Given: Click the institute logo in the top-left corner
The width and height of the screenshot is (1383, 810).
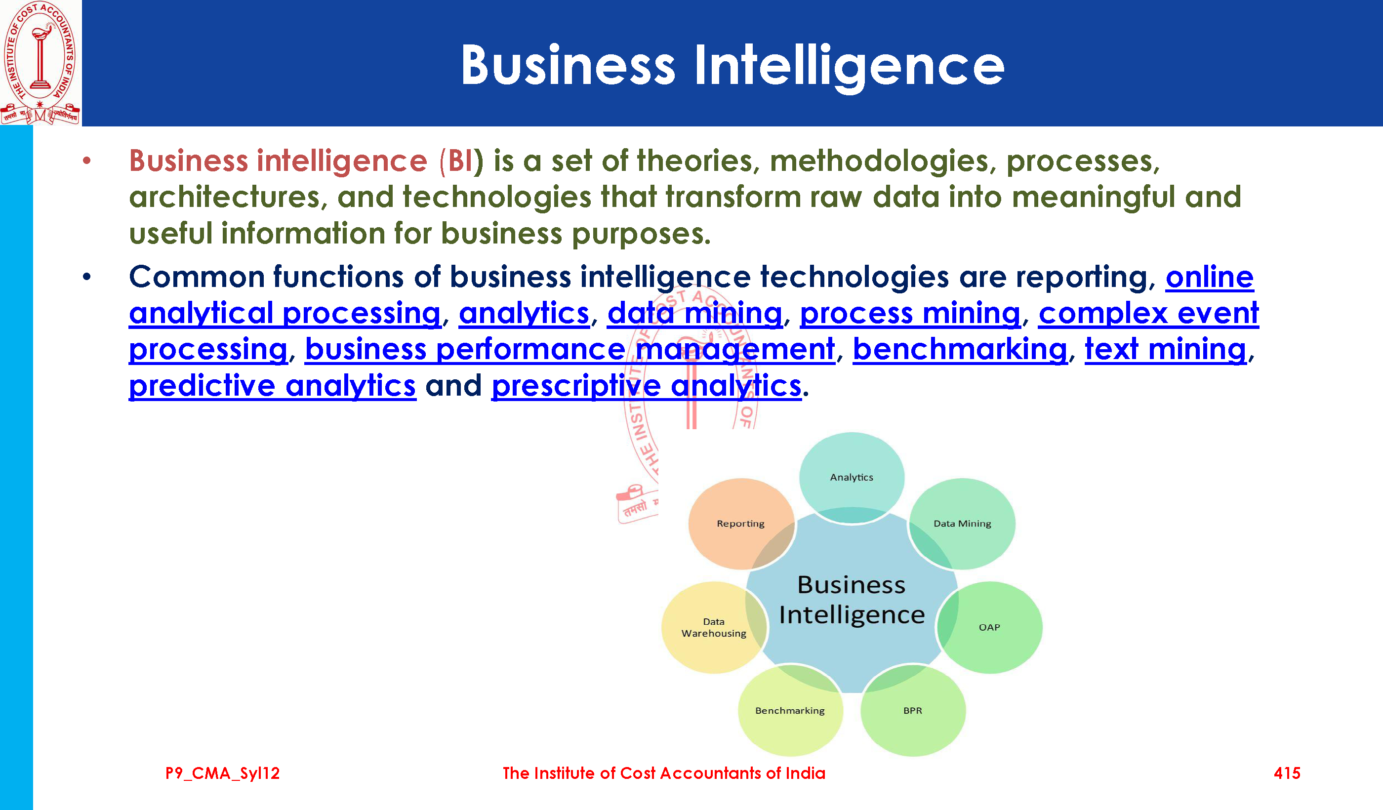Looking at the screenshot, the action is [x=40, y=63].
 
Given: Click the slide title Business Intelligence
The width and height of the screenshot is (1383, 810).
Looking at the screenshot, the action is [x=732, y=66].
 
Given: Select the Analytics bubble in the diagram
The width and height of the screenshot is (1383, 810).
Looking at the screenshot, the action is [x=851, y=478].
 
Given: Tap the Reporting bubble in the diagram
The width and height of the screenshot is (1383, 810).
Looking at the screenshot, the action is [x=740, y=524].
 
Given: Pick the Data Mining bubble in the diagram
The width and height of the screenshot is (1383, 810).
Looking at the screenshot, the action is [x=962, y=524].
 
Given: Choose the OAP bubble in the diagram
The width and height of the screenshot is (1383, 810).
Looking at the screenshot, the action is [x=989, y=627].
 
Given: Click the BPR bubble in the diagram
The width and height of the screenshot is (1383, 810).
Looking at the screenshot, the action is [x=913, y=711].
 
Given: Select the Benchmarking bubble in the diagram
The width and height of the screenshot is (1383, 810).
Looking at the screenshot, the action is [x=790, y=711].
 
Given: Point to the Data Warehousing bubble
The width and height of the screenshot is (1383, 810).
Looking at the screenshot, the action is [x=714, y=627].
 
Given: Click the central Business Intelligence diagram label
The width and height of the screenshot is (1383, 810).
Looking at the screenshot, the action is [x=852, y=600].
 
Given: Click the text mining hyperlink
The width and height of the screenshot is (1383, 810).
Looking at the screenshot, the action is [x=1166, y=350].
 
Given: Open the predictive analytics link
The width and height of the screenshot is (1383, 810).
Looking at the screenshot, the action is [x=272, y=386].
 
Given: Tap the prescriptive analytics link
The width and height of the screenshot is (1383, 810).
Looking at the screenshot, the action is [x=647, y=386].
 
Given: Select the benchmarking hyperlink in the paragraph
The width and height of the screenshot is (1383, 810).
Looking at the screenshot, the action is [x=960, y=350].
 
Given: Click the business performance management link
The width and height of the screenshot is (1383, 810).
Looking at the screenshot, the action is [x=569, y=350].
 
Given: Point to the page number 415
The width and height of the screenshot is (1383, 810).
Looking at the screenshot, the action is [x=1287, y=773].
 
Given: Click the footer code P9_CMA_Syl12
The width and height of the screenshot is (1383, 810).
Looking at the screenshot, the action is [x=222, y=774].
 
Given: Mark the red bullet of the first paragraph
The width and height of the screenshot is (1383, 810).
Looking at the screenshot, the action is [x=87, y=161].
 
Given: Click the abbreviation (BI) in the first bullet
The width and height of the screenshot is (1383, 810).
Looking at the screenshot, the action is [x=461, y=162].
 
